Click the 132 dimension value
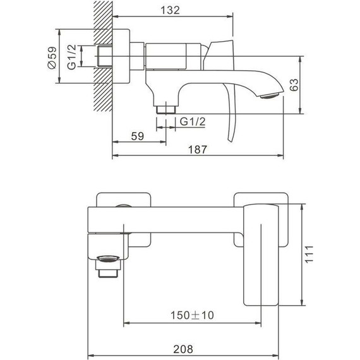[170, 10]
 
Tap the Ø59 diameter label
[52, 57]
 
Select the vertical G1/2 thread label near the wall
[72, 57]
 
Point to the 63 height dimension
[294, 85]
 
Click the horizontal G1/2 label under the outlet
[193, 121]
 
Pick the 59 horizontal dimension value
[137, 136]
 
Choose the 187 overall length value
[198, 150]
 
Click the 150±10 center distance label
[192, 315]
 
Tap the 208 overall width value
[183, 349]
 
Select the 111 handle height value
[309, 254]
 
